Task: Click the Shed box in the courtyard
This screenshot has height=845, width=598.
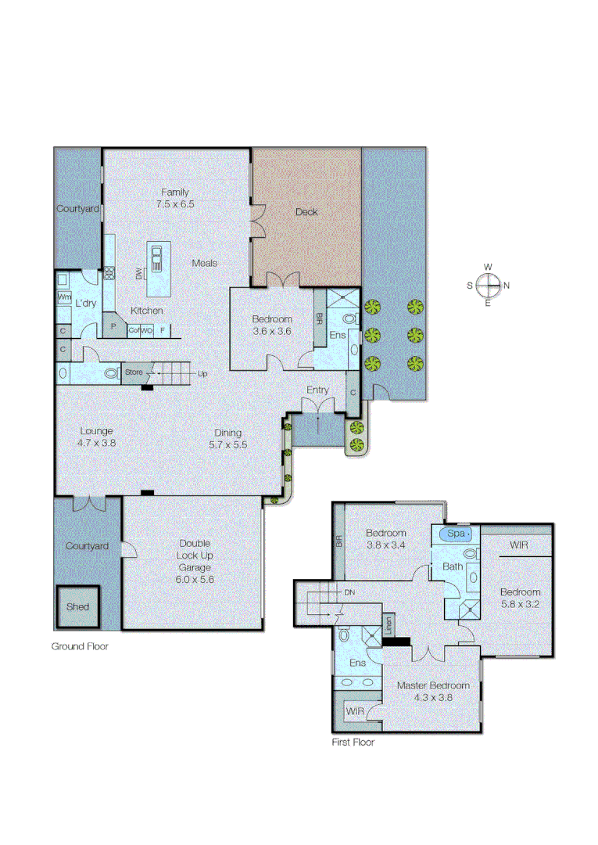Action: [77, 606]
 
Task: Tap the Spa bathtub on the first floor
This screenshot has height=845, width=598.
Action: [455, 534]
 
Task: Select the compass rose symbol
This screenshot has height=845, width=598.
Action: [488, 285]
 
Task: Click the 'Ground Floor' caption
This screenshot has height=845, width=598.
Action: [80, 646]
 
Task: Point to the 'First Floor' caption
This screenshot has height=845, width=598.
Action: [353, 742]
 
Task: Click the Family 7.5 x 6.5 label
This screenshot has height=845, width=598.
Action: [175, 198]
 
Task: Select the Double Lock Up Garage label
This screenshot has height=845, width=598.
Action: [194, 562]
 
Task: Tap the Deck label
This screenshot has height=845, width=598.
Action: [306, 212]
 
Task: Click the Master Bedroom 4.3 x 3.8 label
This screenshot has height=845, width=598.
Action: [433, 691]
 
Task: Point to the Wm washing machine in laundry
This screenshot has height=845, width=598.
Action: [64, 298]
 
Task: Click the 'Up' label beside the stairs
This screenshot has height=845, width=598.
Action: [203, 373]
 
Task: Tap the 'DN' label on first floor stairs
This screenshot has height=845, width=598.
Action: [349, 592]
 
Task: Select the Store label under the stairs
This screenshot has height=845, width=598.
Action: [134, 372]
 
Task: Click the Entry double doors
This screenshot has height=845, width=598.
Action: [317, 407]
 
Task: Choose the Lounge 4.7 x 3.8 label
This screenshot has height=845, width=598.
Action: [97, 437]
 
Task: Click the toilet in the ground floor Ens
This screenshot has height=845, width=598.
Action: [349, 318]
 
